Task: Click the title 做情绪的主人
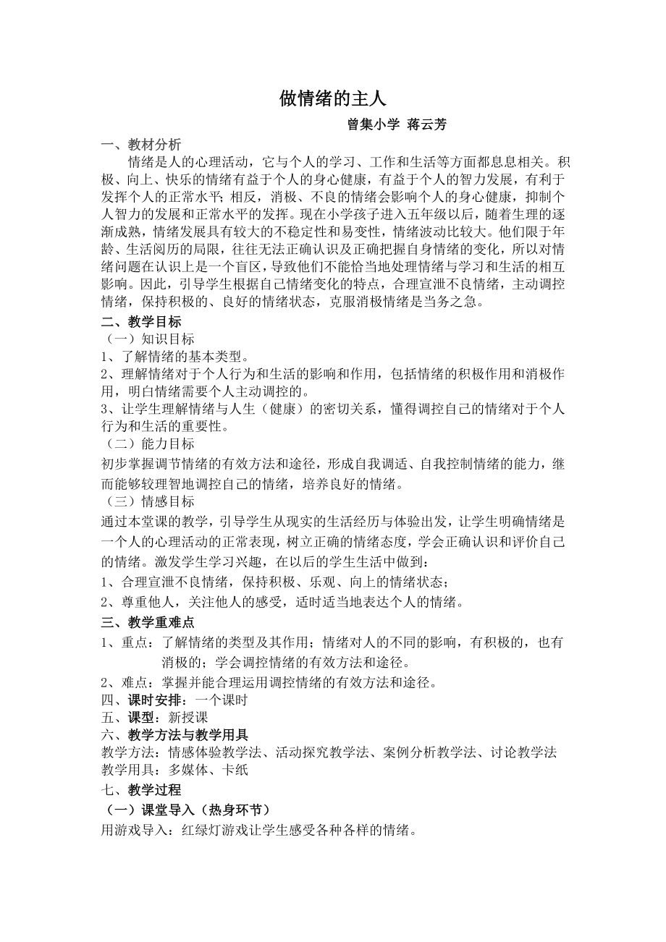(333, 99)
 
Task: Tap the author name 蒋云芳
(426, 124)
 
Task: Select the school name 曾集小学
(374, 124)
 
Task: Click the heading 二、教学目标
(140, 321)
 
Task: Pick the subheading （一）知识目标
(147, 339)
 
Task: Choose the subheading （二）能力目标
(147, 444)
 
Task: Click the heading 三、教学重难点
(147, 622)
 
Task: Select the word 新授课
(188, 718)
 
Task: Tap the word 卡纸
(236, 770)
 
